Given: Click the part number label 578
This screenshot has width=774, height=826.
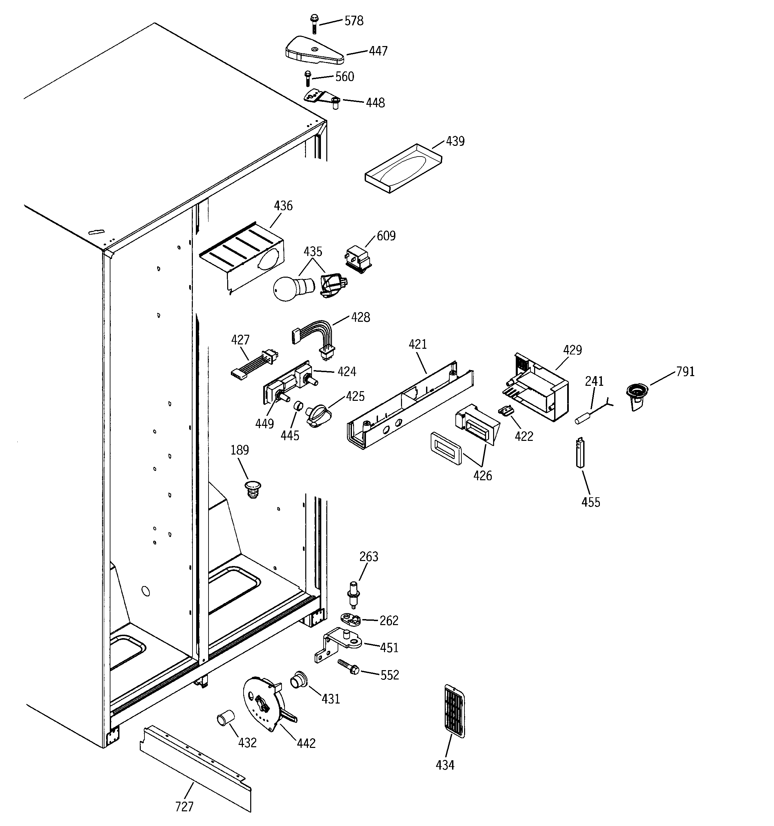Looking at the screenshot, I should [x=354, y=21].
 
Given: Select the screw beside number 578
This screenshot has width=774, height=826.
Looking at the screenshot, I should [x=314, y=24].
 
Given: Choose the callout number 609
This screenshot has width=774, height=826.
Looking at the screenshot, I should [x=386, y=236].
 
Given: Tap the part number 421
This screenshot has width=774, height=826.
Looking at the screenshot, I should [x=418, y=344].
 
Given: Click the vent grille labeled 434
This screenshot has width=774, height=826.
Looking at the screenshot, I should [x=454, y=711].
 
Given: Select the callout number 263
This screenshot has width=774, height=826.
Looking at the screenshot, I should [x=369, y=557].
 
